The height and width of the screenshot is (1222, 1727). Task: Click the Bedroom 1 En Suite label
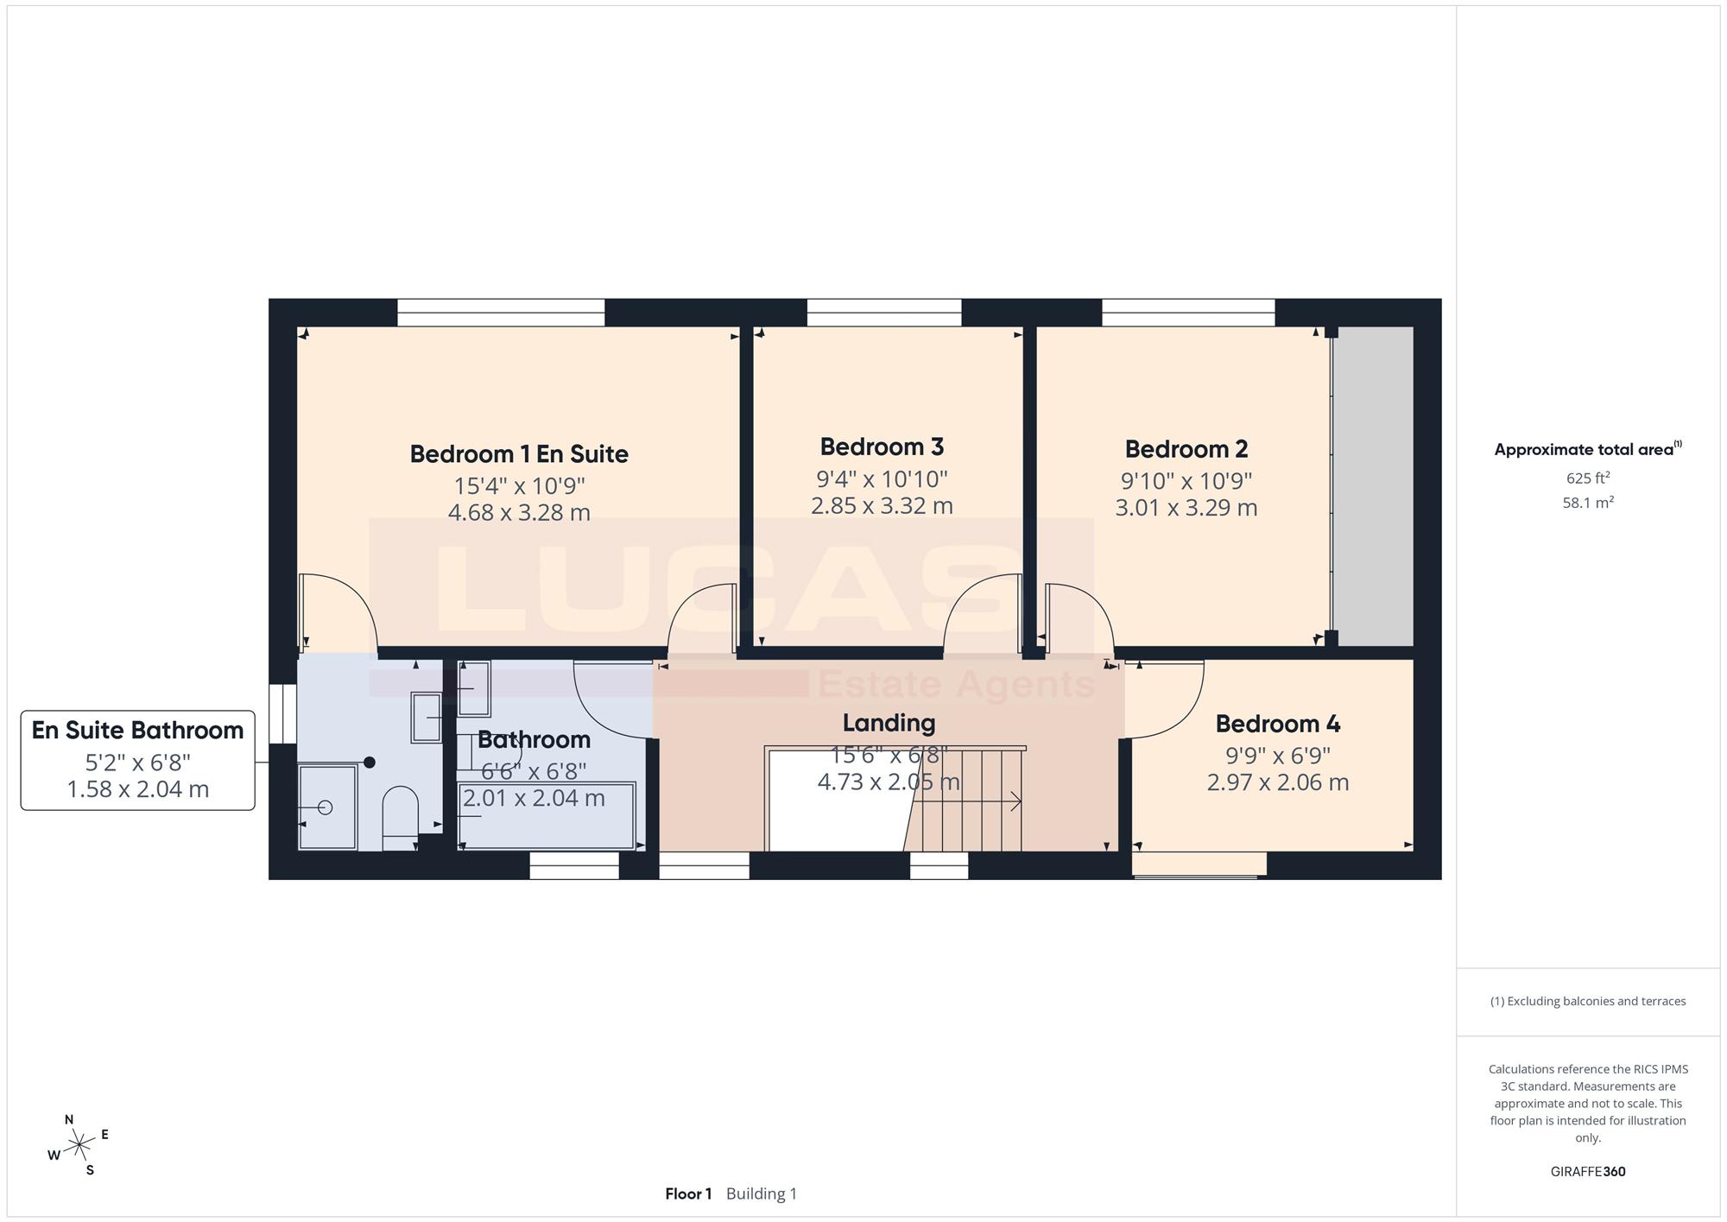tap(519, 454)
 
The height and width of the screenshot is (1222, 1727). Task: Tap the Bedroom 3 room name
tap(882, 447)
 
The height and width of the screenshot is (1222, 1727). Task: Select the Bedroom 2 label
tap(1186, 449)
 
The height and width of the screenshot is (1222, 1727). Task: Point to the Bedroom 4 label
tap(1278, 724)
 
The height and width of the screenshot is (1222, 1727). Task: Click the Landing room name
tap(889, 723)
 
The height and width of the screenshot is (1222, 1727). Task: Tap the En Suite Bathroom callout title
tap(138, 731)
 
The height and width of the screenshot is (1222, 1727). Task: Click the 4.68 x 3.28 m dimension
tap(519, 513)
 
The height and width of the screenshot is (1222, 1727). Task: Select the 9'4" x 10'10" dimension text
tap(882, 478)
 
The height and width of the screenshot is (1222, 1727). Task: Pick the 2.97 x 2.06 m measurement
tap(1278, 782)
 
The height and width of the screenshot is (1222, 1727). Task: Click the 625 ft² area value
tap(1588, 478)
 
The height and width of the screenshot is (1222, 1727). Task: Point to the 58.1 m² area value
tap(1588, 502)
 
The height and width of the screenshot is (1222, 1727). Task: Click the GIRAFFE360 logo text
tap(1588, 1172)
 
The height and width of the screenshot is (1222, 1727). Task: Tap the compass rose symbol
tap(79, 1145)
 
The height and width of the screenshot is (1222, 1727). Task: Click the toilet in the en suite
tap(400, 818)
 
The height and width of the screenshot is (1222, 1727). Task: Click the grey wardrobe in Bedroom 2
tap(1374, 486)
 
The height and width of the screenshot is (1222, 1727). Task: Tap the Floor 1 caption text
tap(688, 1194)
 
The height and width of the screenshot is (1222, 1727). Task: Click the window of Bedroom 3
tap(884, 313)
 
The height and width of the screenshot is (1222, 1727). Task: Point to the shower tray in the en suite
tap(327, 807)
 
